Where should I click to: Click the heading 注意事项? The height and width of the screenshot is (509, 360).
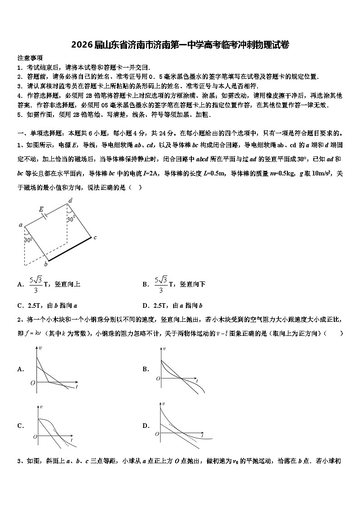tap(30, 58)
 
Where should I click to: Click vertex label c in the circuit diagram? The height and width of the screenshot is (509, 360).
tap(95, 237)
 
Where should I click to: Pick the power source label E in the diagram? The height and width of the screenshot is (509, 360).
tap(41, 209)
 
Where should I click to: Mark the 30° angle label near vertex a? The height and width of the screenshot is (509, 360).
tap(28, 240)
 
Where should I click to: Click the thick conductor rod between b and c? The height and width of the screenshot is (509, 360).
tap(70, 249)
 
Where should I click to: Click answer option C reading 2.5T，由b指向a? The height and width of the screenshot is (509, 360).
tap(47, 305)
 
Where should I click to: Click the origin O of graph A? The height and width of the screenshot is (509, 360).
tap(33, 383)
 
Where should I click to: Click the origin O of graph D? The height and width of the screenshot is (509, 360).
tap(157, 434)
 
